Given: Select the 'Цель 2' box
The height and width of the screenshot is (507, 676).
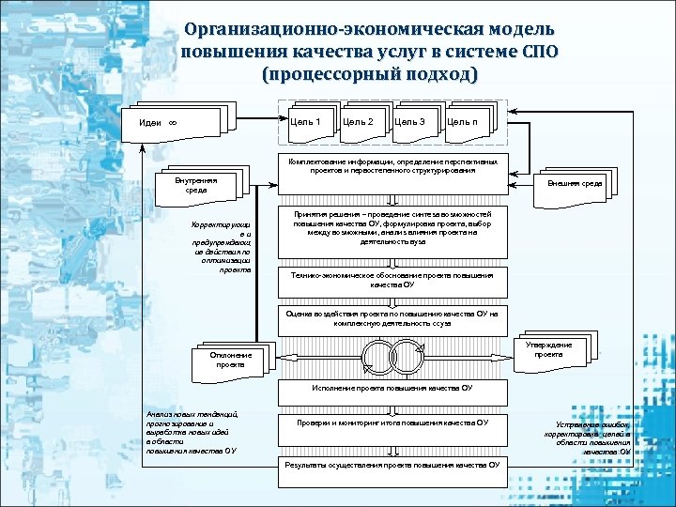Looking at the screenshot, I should [x=359, y=122].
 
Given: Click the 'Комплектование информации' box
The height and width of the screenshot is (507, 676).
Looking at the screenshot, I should [x=392, y=168].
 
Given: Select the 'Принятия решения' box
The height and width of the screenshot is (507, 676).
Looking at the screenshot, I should [x=392, y=230].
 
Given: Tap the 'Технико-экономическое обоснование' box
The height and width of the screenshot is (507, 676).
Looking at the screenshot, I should [x=392, y=280].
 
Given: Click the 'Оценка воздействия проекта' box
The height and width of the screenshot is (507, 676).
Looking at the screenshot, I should [x=392, y=319].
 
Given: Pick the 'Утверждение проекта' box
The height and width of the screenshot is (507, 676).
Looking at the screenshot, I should [x=553, y=350].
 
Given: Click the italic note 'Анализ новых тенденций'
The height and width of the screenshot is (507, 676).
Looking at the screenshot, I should [x=192, y=432].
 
